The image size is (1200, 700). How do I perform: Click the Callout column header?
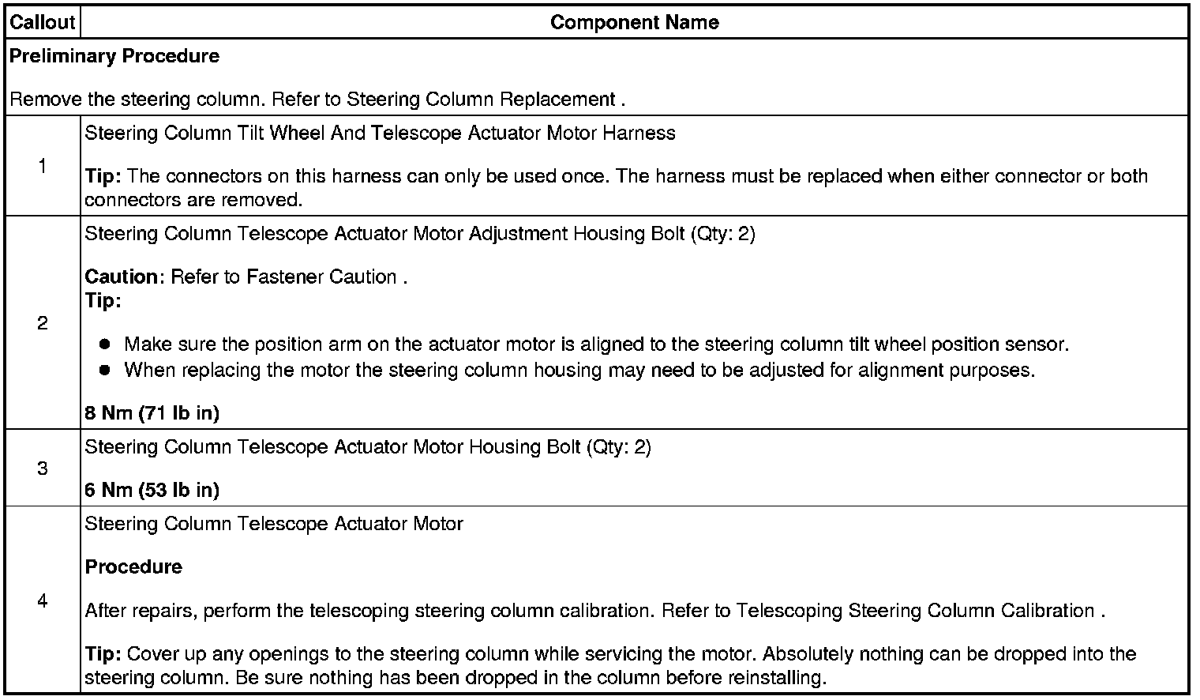tap(43, 22)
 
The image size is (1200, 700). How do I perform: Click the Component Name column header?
tap(634, 22)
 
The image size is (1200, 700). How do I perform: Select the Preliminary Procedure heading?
tap(114, 56)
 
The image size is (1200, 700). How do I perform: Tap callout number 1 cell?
tap(42, 166)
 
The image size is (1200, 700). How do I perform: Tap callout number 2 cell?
tap(42, 323)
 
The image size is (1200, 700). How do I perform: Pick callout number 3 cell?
tap(42, 469)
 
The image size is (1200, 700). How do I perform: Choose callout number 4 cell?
tap(42, 601)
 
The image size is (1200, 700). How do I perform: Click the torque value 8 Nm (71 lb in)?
tap(152, 412)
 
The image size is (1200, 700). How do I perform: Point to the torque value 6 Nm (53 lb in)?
tap(152, 490)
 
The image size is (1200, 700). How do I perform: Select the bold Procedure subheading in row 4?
tap(133, 566)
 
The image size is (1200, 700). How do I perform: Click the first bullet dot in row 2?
tap(104, 345)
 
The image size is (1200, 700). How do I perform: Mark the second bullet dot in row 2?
tap(104, 371)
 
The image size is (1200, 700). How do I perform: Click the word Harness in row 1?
tap(639, 133)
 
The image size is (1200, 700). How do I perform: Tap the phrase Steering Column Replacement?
tap(481, 100)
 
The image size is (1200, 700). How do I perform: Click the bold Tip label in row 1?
tap(103, 176)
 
